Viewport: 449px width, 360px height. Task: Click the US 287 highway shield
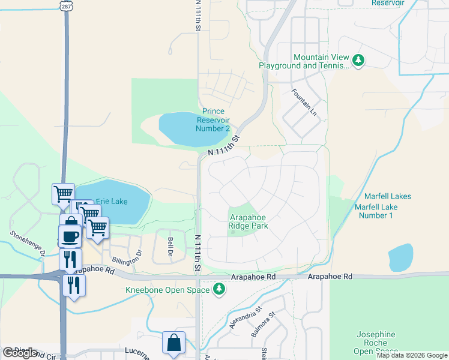[x=65, y=4]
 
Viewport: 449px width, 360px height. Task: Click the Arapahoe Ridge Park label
[x=248, y=222]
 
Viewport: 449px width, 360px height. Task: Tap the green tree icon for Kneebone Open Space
[x=220, y=290]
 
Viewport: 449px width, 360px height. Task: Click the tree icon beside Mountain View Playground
[x=358, y=60]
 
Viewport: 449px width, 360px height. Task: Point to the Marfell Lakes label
[x=387, y=196]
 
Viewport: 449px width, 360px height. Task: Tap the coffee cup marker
[x=70, y=236]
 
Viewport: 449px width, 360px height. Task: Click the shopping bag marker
[x=173, y=343]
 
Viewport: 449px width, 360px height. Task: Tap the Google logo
[x=20, y=353]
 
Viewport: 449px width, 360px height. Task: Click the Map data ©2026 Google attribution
[x=412, y=355]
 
